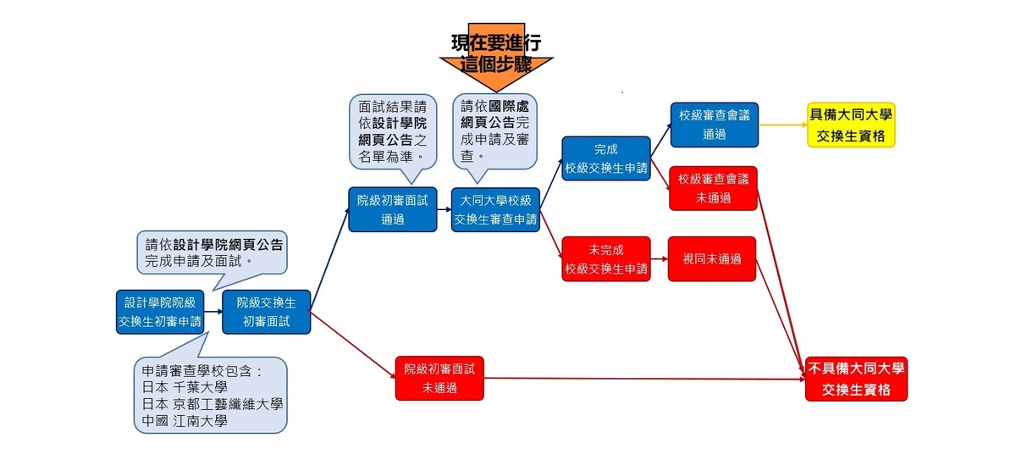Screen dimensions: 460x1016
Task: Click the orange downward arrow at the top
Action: pos(496,64)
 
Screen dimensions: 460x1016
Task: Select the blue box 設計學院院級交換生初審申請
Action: pos(161,311)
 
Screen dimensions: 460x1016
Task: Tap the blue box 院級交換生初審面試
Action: pos(267,311)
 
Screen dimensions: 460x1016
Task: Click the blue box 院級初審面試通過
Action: pos(392,209)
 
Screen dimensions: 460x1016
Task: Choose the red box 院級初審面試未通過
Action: pos(439,378)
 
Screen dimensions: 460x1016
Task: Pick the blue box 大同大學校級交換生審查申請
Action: pos(495,209)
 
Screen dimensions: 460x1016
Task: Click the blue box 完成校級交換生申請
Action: pos(606,158)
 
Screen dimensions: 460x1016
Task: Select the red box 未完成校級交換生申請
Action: pos(606,259)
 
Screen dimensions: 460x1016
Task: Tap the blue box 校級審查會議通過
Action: pos(713,125)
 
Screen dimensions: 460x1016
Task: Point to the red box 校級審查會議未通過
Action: pos(713,188)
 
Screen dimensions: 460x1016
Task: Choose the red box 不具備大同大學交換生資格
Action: pos(856,379)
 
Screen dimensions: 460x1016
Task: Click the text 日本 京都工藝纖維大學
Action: pos(212,403)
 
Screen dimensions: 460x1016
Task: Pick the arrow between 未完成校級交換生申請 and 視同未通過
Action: pos(660,259)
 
